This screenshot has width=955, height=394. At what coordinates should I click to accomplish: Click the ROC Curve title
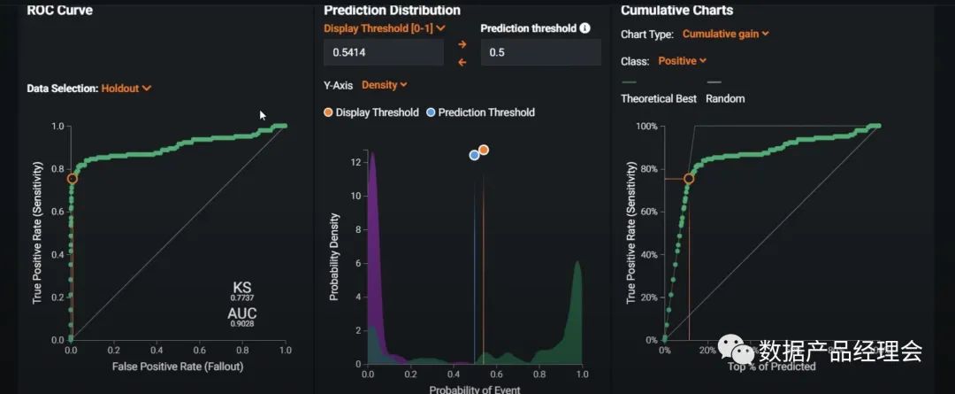[x=60, y=11]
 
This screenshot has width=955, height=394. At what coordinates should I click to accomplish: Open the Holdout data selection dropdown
[x=126, y=89]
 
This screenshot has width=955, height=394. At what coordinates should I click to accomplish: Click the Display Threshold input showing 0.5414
[x=384, y=52]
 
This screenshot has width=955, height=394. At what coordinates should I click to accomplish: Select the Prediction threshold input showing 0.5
[x=539, y=52]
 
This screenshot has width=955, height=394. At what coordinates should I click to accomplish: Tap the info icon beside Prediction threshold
[x=584, y=28]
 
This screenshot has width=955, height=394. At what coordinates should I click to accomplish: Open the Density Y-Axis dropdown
[x=385, y=85]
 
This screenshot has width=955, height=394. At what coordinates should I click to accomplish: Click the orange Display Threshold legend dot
[x=329, y=112]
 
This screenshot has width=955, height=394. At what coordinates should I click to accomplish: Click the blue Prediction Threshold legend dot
[x=431, y=112]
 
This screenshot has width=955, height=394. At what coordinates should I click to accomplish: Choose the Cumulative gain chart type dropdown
[x=726, y=35]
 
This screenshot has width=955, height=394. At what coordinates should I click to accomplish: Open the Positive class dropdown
[x=683, y=61]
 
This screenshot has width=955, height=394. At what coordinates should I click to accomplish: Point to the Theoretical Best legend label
[x=659, y=98]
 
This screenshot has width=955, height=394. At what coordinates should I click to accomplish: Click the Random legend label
[x=725, y=98]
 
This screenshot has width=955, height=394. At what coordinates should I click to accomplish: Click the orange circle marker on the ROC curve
[x=73, y=179]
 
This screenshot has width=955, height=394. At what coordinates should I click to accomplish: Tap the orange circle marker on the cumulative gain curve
[x=689, y=179]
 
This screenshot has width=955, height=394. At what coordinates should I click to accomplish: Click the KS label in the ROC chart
[x=242, y=288]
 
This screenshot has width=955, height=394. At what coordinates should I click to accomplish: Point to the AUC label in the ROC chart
[x=242, y=314]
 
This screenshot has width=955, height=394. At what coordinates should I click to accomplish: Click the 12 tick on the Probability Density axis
[x=355, y=162]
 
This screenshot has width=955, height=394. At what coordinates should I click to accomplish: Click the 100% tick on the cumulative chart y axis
[x=646, y=127]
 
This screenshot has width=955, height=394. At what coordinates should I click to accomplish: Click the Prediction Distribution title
[x=392, y=11]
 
